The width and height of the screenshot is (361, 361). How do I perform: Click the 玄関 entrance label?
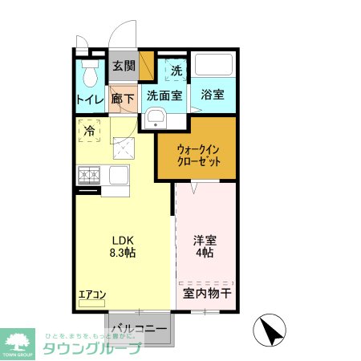click(124, 66)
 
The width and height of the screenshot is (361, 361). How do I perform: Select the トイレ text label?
click(89, 99)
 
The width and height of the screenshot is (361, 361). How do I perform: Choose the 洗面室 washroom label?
click(164, 95)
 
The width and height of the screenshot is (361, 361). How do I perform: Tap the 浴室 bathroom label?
click(213, 95)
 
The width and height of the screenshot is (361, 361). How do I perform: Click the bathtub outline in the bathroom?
click(213, 66)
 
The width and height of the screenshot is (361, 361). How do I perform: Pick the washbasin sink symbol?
click(155, 121)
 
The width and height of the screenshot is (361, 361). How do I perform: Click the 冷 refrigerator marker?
click(90, 130)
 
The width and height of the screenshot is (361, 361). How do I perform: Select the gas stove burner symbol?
click(88, 174)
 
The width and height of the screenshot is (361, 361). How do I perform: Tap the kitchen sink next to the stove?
click(116, 174)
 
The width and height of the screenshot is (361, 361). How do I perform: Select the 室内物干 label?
click(206, 294)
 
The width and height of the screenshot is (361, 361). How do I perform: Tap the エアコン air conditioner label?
click(92, 294)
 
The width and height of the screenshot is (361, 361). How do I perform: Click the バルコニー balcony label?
click(139, 329)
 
